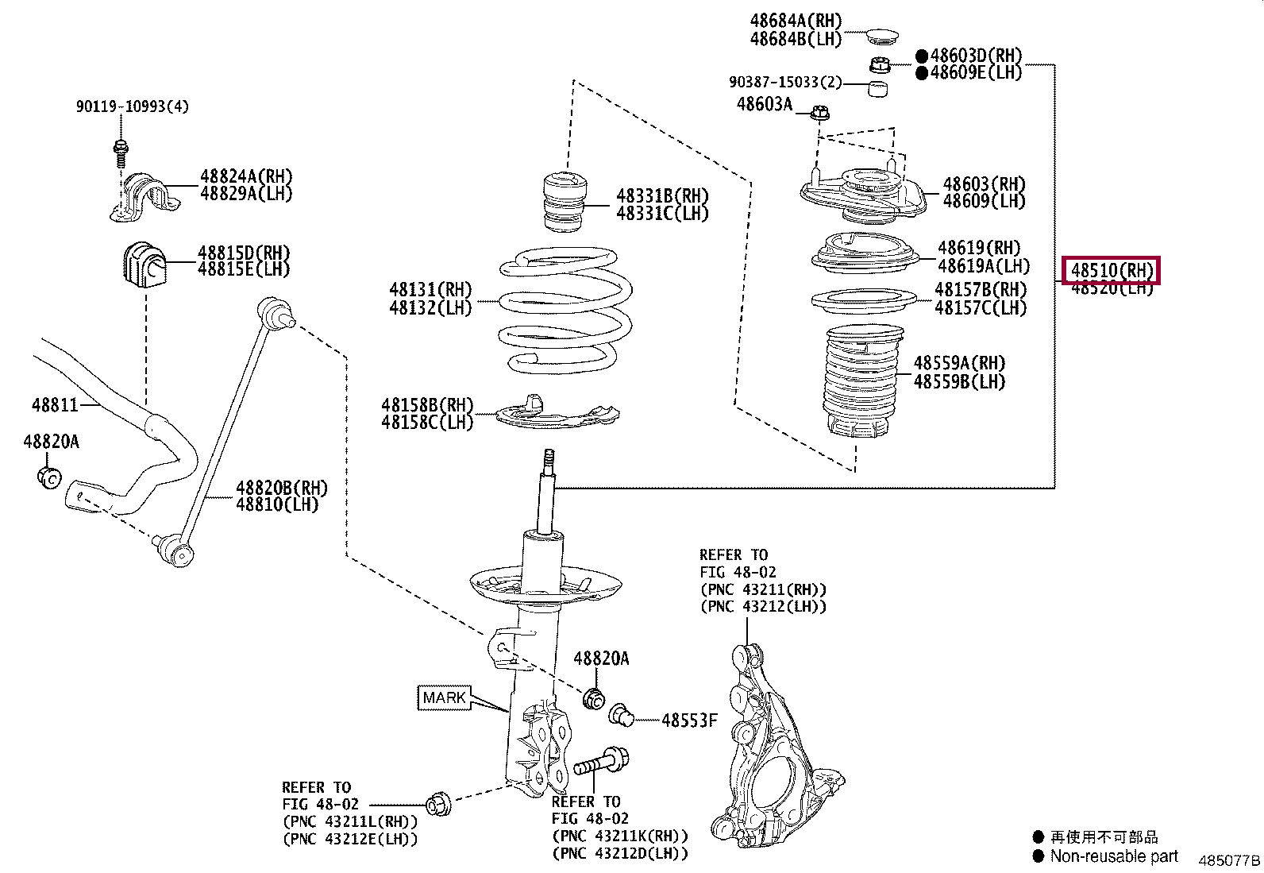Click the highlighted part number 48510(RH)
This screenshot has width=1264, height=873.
click(1111, 270)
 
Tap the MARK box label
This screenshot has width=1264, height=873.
click(444, 697)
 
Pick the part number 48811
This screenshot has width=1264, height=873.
click(55, 405)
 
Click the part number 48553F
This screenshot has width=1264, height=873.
click(688, 720)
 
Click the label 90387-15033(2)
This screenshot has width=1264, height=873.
click(784, 83)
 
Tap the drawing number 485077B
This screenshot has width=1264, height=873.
click(1228, 860)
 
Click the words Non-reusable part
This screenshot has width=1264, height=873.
click(1113, 856)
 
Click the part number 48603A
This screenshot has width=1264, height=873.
click(764, 104)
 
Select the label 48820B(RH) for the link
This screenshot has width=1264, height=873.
click(281, 488)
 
